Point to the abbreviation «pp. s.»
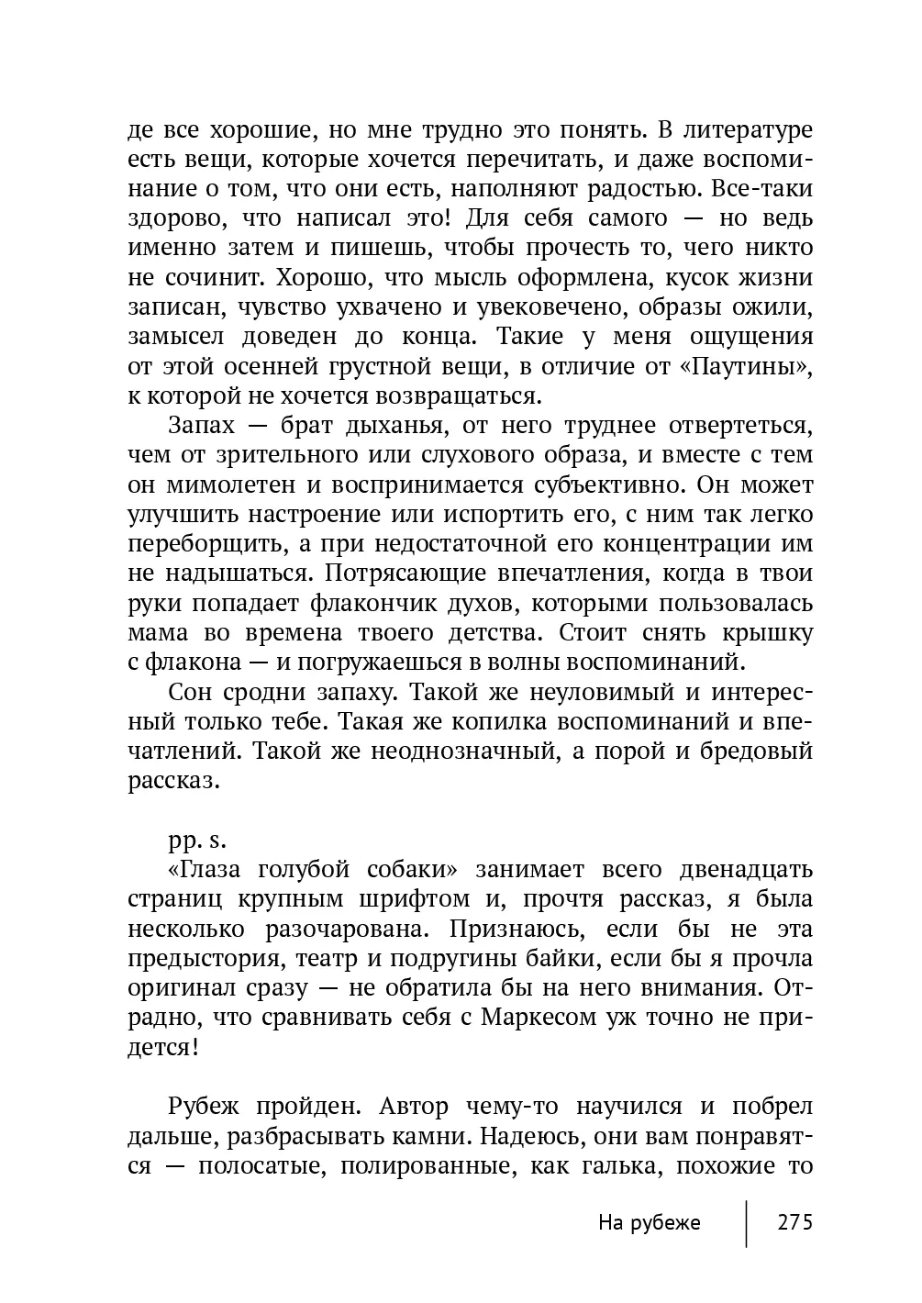(x=196, y=840)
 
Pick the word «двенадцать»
(x=746, y=869)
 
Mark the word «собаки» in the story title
(x=405, y=869)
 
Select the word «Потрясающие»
(x=383, y=573)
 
